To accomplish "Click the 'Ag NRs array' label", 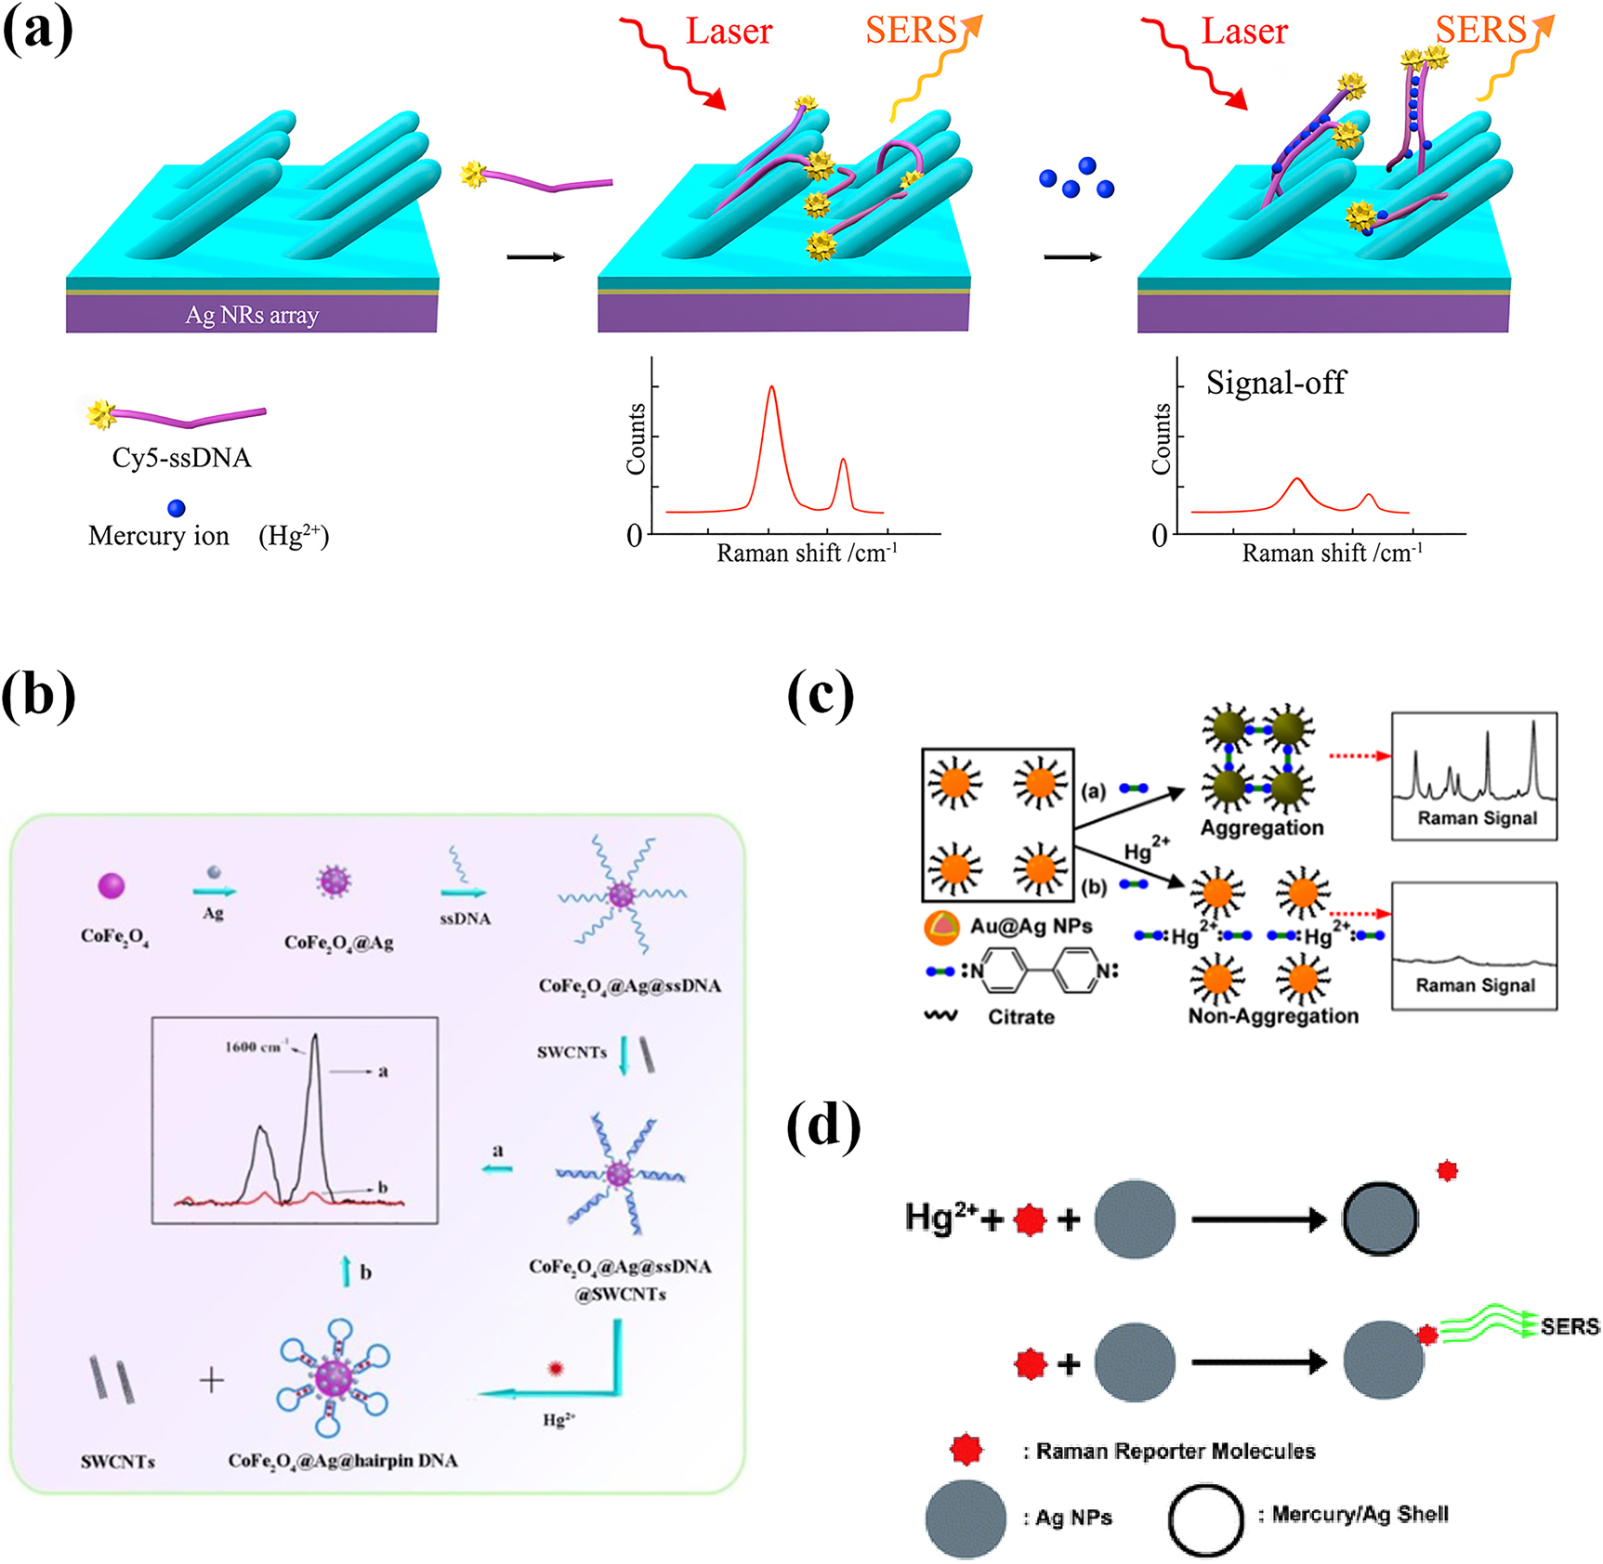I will pyautogui.click(x=252, y=315).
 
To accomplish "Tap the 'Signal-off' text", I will pyautogui.click(x=1275, y=383).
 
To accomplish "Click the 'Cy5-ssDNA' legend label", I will pyautogui.click(x=181, y=458).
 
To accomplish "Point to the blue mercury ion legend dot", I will pyautogui.click(x=177, y=508).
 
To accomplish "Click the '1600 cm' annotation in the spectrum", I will pyautogui.click(x=255, y=1047).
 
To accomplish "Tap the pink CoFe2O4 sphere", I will pyautogui.click(x=112, y=886).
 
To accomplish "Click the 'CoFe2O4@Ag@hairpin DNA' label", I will pyautogui.click(x=343, y=1461).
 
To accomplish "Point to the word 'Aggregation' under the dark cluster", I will pyautogui.click(x=1261, y=828).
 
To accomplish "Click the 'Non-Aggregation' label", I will pyautogui.click(x=1273, y=1016).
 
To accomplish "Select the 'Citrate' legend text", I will pyautogui.click(x=1020, y=1017).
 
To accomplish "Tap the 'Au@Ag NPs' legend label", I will pyautogui.click(x=1031, y=926).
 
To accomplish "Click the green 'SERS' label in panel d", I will pyautogui.click(x=1570, y=1326).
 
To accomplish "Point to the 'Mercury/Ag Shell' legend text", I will pyautogui.click(x=1360, y=1515).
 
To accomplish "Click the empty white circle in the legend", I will pyautogui.click(x=1205, y=1520).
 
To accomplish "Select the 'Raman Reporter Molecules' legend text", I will pyautogui.click(x=1176, y=1451).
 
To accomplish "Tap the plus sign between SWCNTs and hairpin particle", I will pyautogui.click(x=212, y=1380).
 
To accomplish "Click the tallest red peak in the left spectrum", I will pyautogui.click(x=771, y=388).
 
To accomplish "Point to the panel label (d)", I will pyautogui.click(x=822, y=1126).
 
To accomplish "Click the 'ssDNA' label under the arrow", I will pyautogui.click(x=465, y=919).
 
